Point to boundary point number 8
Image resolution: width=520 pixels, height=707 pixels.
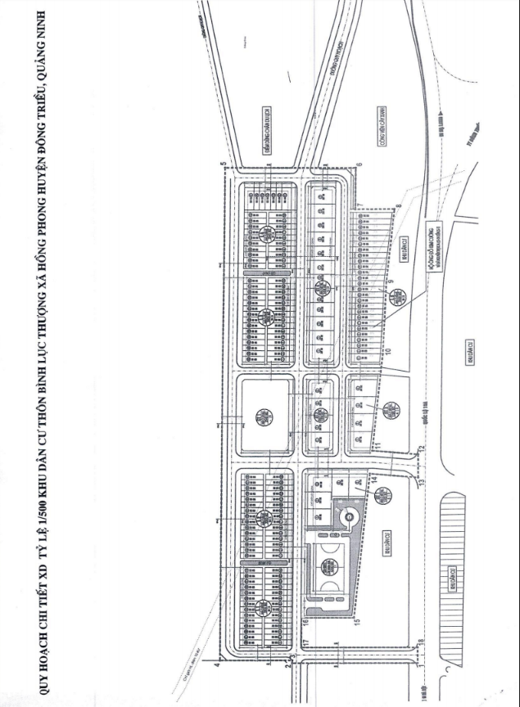(399, 206)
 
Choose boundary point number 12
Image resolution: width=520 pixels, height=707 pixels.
(419, 448)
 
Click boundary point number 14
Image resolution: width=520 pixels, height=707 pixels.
(375, 484)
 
